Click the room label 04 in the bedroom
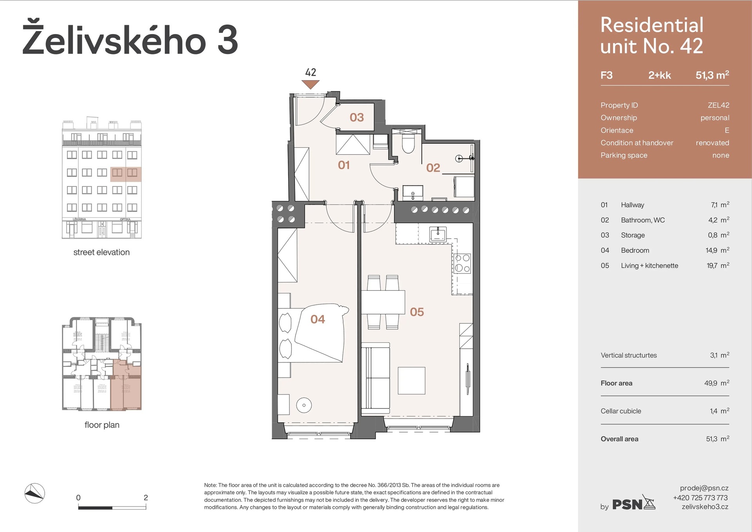tap(318, 319)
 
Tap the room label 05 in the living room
tap(417, 312)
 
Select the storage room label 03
tap(356, 117)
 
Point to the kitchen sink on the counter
tap(437, 234)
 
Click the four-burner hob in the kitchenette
tap(462, 263)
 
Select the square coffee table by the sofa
tap(411, 380)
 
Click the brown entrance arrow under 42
tap(311, 84)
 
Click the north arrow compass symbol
tap(34, 493)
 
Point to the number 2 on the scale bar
tap(146, 498)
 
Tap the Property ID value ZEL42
tap(718, 105)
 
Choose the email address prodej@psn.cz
tap(704, 488)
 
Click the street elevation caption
tap(101, 252)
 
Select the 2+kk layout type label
tap(659, 75)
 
